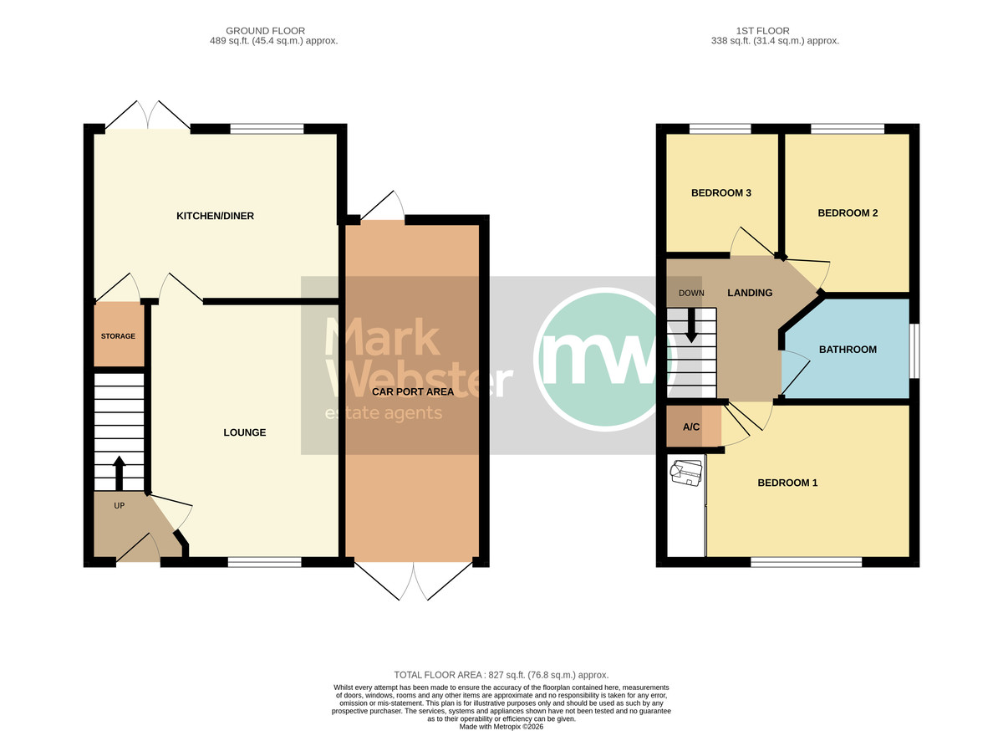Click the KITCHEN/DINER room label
coord(215,216)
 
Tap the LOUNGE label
coord(244,432)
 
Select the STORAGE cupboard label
coord(118,336)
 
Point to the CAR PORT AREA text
coord(413,391)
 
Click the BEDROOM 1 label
coord(787,483)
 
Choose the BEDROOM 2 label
coord(848,213)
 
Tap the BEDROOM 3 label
coord(721,192)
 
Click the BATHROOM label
coord(848,350)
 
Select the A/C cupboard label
coord(691,427)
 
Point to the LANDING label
coord(750,293)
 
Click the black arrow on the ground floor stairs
coord(119,473)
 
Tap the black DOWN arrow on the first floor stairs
coord(691,326)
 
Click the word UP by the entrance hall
coord(119,505)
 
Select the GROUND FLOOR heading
coord(265,31)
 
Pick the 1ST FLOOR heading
coord(762,31)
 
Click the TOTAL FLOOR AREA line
coord(501,675)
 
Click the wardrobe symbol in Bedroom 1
coord(685,473)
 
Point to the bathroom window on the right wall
coord(914,351)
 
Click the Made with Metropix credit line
coord(501,727)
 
